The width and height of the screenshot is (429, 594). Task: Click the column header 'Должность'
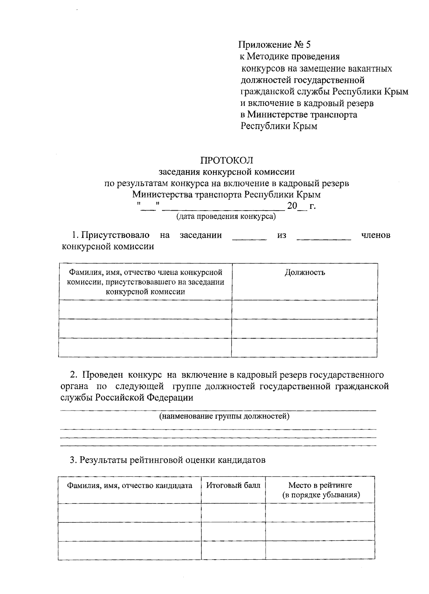click(305, 273)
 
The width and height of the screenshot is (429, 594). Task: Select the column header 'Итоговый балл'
click(233, 485)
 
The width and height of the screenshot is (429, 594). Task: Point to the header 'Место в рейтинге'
click(320, 485)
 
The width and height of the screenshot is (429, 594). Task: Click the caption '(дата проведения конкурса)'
click(226, 216)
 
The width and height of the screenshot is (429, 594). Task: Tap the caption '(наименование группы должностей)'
click(224, 416)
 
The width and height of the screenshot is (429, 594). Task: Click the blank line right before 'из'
click(249, 238)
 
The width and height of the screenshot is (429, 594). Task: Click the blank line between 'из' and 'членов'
click(324, 238)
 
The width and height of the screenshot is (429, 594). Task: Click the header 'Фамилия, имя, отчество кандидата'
click(130, 485)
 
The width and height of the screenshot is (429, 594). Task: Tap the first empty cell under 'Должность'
click(304, 309)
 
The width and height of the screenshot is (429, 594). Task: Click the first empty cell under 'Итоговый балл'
click(233, 512)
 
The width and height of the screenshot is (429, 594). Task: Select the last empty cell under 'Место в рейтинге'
click(320, 550)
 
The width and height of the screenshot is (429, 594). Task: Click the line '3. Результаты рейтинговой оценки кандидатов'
click(167, 460)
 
